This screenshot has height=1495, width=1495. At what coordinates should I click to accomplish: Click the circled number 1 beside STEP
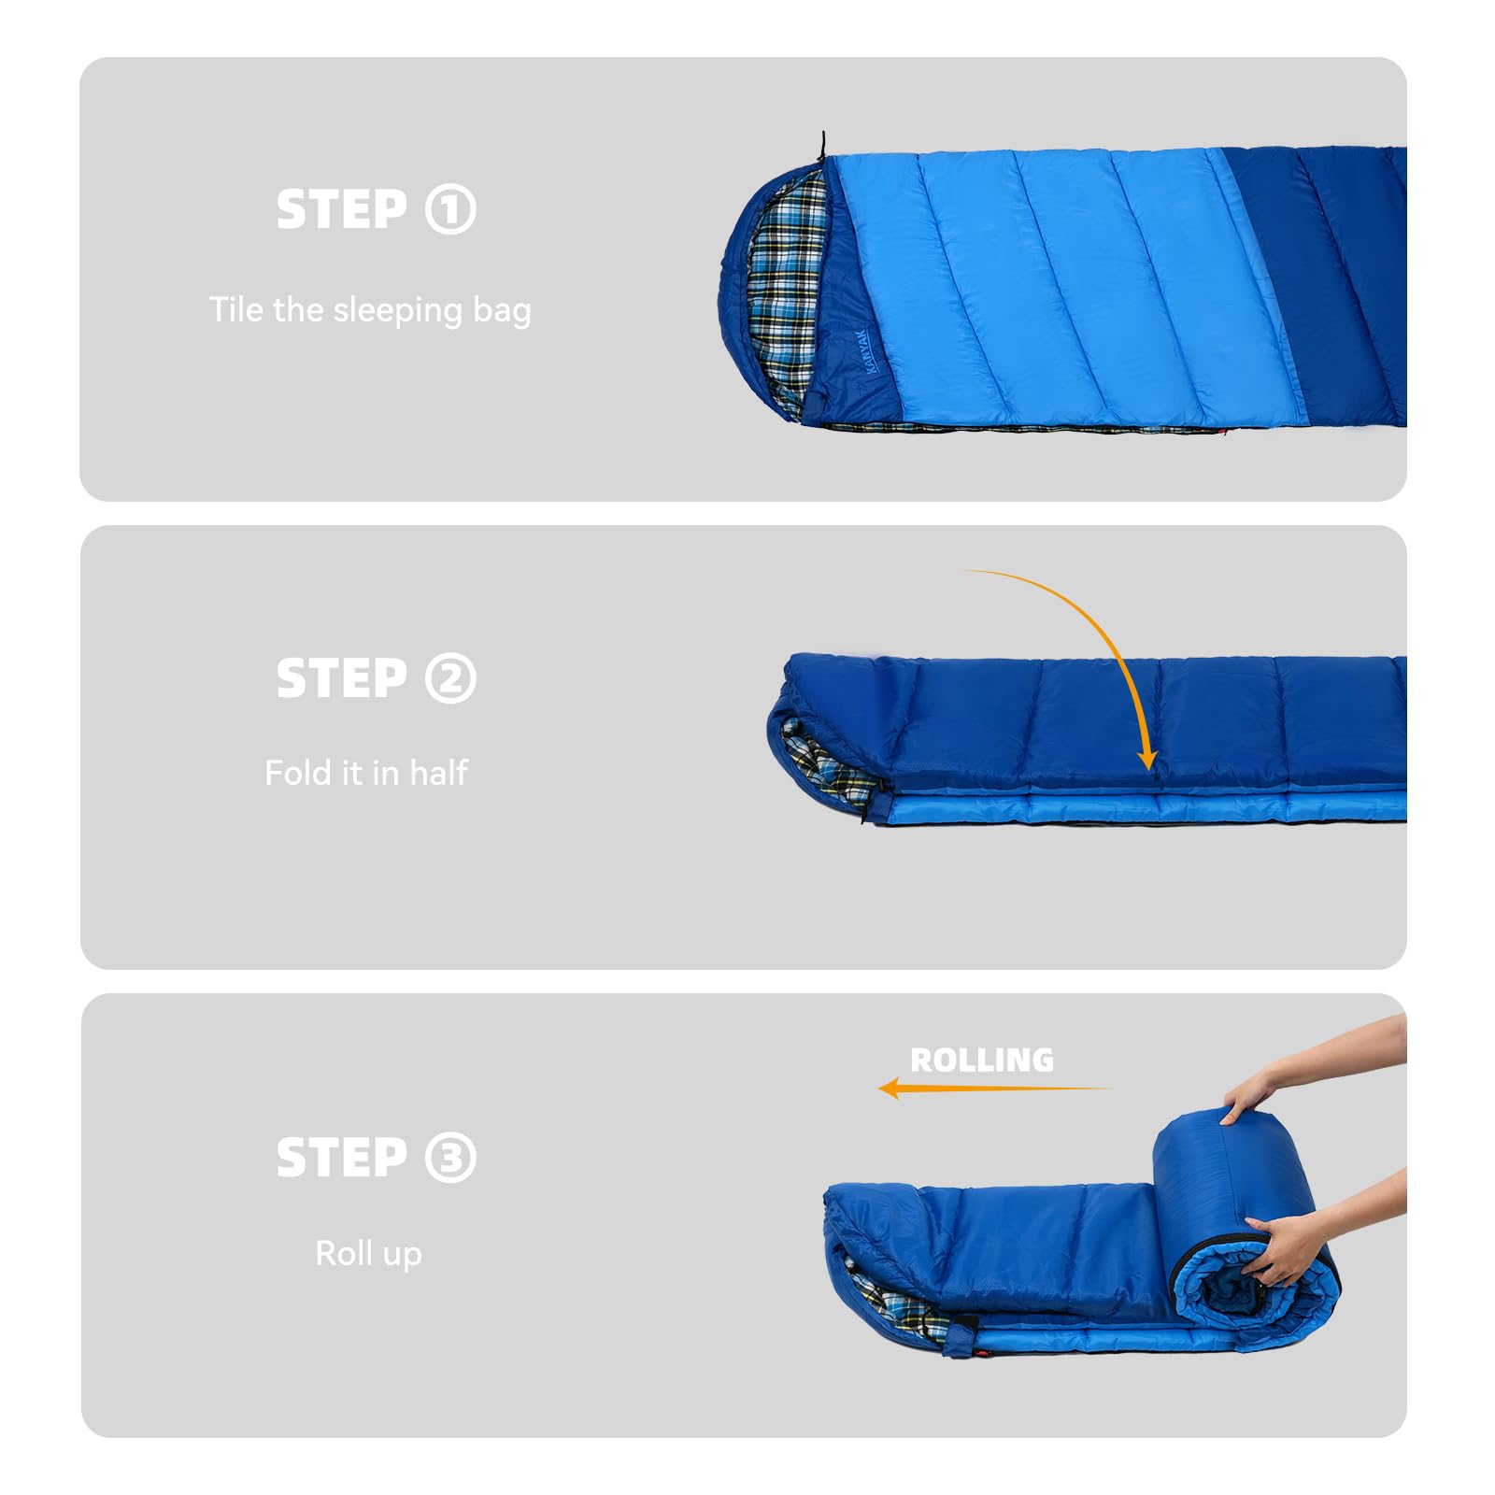(x=450, y=209)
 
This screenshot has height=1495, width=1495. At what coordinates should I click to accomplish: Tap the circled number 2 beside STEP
(x=450, y=678)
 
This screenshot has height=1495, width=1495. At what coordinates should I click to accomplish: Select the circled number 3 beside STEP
(x=450, y=1158)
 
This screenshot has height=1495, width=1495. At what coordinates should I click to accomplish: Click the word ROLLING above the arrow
(x=982, y=1061)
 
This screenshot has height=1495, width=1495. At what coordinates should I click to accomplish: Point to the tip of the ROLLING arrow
(x=880, y=1089)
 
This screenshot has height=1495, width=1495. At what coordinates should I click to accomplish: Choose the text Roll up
(x=368, y=1253)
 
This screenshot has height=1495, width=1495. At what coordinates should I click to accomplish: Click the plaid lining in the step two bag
(x=827, y=762)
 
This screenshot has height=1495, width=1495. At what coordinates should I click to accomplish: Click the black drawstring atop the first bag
(x=822, y=148)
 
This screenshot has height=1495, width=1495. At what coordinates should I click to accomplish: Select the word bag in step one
(x=502, y=310)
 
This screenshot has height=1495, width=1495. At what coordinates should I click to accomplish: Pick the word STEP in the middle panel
(x=342, y=678)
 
